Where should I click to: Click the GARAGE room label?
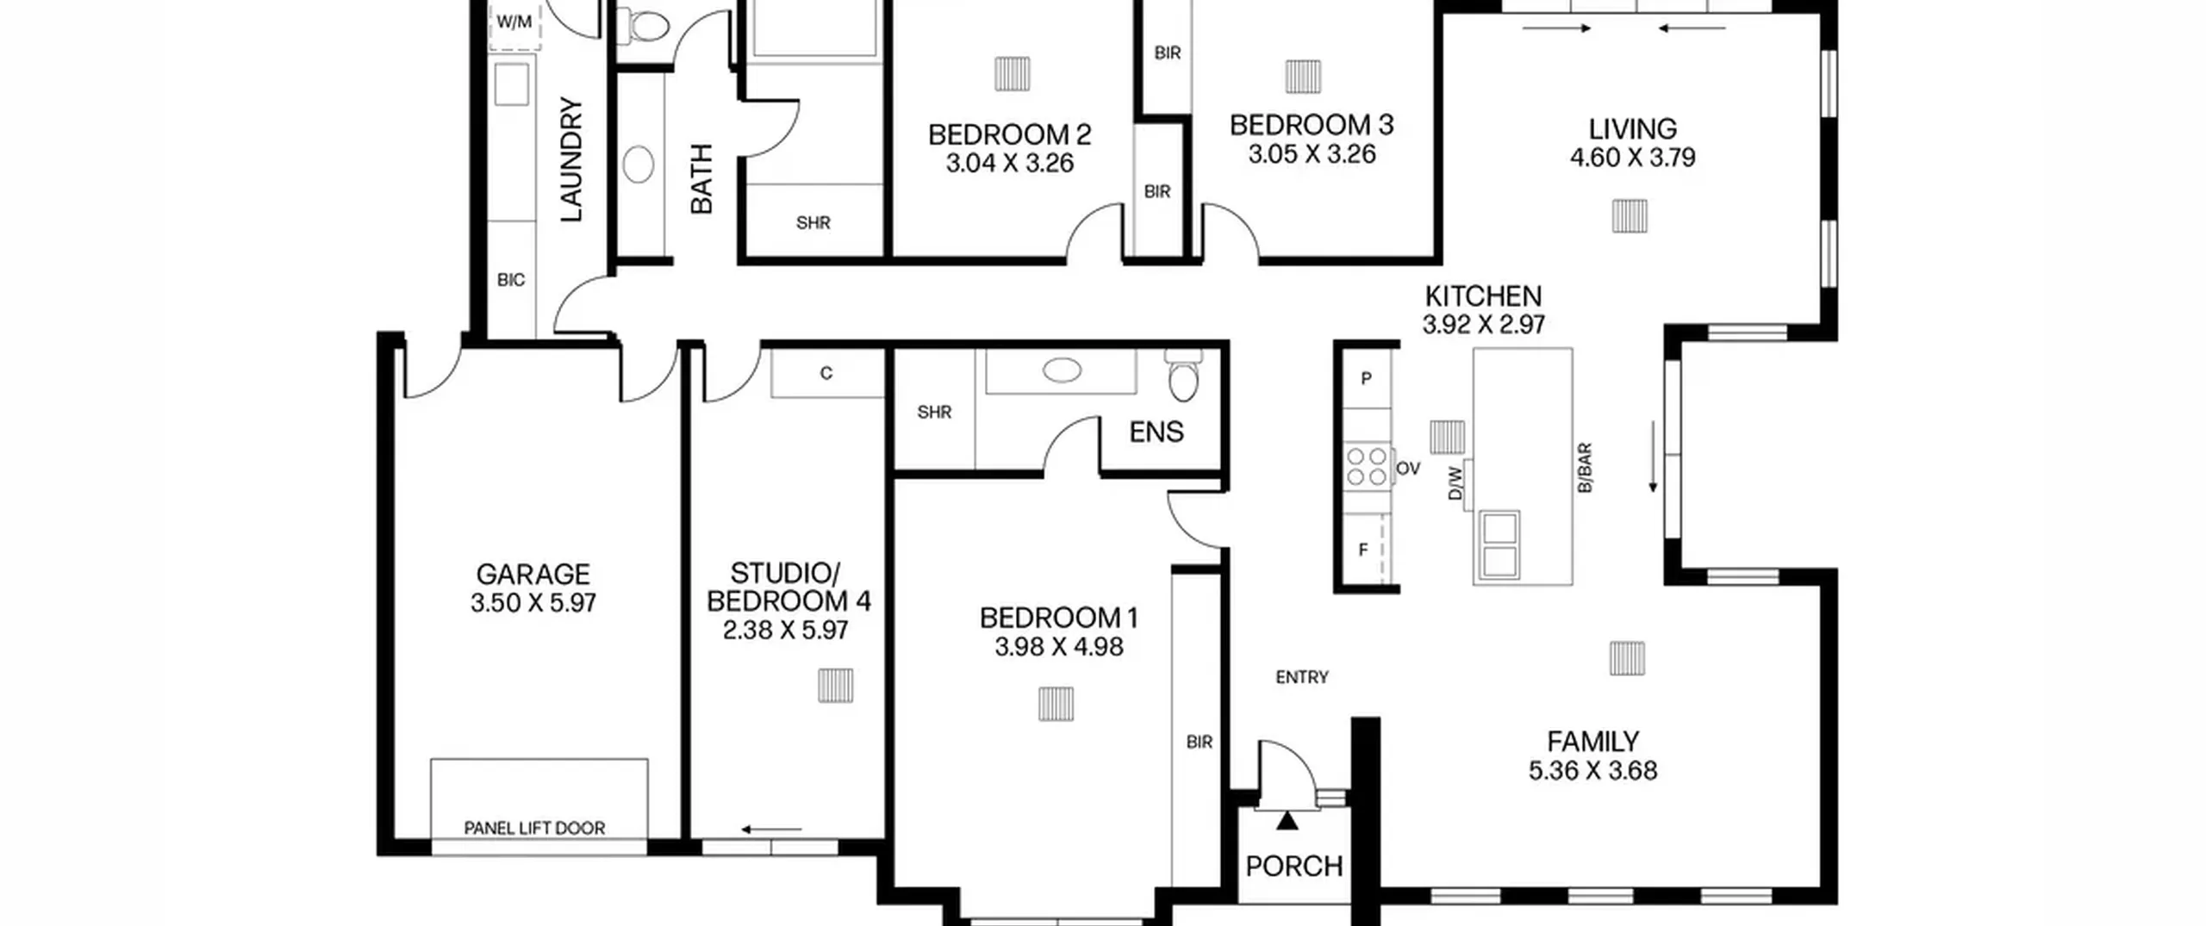tap(533, 574)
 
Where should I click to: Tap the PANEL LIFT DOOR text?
tap(534, 828)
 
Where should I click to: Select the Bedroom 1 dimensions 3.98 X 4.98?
tap(1059, 647)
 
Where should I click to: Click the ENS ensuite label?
tap(1156, 432)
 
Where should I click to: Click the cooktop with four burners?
tap(1368, 466)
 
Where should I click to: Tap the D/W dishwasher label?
tap(1455, 482)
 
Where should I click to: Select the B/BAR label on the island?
tap(1584, 468)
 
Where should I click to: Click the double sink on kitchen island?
tap(1499, 544)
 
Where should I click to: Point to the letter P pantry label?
tap(1366, 378)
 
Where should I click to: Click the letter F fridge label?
tap(1363, 550)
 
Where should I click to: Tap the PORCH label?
tap(1294, 866)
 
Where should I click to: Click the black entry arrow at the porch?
tap(1287, 821)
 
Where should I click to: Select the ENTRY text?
tap(1302, 678)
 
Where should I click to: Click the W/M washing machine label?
tap(514, 22)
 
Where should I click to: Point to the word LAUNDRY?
tap(571, 159)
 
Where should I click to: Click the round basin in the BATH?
tap(639, 164)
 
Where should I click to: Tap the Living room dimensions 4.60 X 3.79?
tap(1633, 158)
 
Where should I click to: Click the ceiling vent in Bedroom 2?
tap(1012, 74)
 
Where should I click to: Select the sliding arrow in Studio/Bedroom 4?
tap(771, 830)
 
